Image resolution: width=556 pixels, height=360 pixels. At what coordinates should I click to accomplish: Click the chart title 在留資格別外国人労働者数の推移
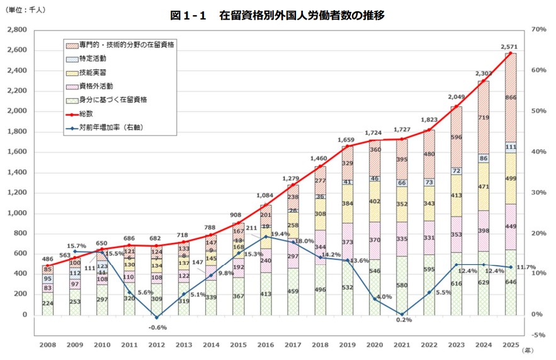click(277, 15)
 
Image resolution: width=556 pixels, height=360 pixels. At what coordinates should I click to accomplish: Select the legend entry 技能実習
click(92, 72)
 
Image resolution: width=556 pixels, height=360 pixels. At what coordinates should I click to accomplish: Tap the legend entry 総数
click(86, 113)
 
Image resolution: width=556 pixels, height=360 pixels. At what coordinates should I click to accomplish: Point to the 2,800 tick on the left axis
click(16, 30)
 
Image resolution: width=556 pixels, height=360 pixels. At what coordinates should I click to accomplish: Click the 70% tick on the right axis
click(538, 30)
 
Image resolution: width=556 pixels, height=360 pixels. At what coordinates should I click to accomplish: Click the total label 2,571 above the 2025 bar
click(509, 47)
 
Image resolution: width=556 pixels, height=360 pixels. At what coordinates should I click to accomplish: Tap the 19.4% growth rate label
click(280, 233)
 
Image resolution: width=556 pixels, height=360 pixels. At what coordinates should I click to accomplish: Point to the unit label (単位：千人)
click(26, 10)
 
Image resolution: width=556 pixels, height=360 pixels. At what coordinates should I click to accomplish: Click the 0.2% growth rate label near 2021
click(404, 320)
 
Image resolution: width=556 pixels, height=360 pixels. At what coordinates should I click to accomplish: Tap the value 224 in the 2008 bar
click(47, 303)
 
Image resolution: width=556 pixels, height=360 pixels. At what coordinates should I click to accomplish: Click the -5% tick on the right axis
click(538, 334)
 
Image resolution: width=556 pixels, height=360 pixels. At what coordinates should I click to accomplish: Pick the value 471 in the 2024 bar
click(484, 187)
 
